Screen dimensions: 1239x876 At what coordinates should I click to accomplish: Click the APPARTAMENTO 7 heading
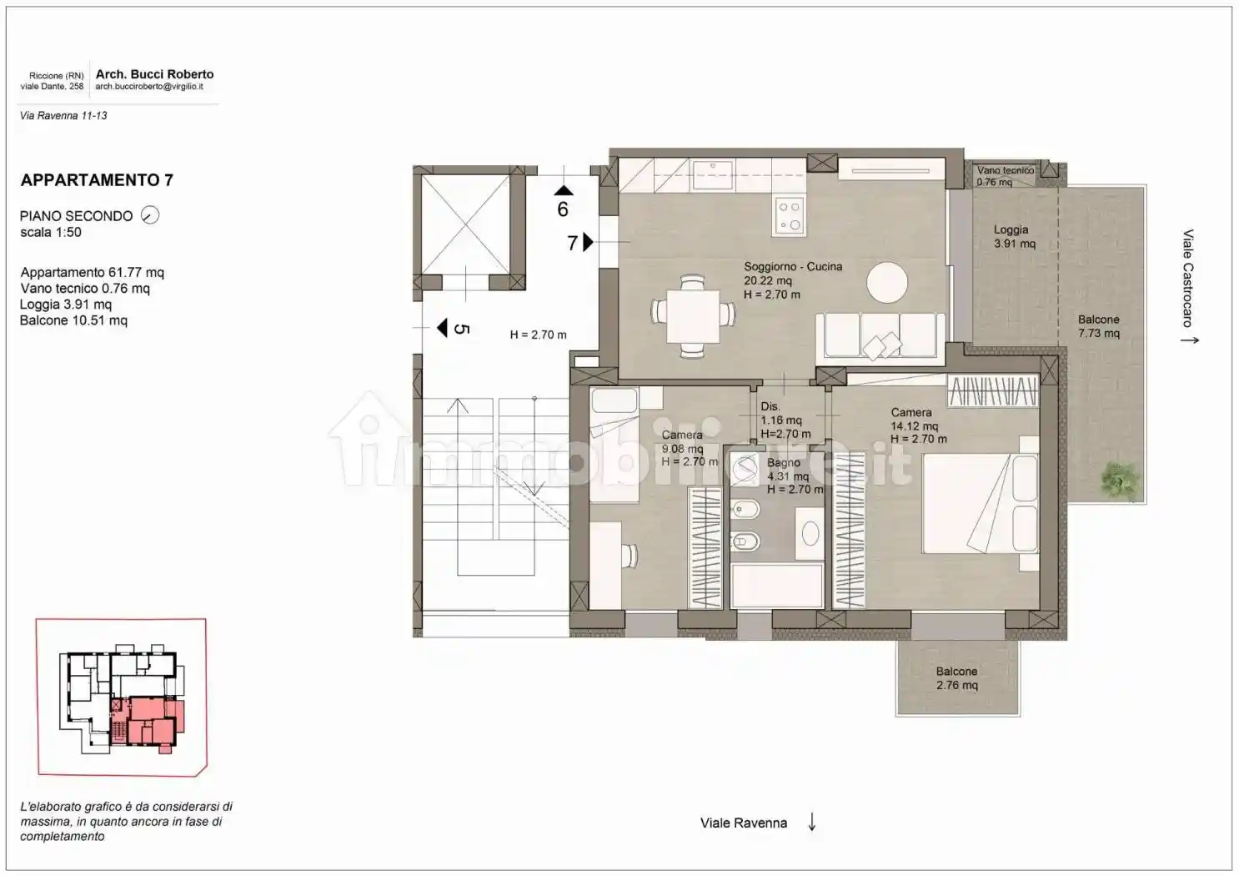97,180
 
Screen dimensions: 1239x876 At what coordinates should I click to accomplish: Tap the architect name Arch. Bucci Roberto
155,74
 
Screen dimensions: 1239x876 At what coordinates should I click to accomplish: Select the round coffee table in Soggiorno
886,282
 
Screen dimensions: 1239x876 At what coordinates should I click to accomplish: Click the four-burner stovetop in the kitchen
790,216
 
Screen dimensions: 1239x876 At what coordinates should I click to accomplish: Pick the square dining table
693,317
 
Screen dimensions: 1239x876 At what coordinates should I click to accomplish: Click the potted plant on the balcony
1120,479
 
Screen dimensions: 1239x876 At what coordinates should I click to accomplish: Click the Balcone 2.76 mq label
957,678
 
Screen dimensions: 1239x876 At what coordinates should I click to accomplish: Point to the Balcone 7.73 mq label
1098,326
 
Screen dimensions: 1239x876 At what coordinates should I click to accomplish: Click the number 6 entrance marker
563,209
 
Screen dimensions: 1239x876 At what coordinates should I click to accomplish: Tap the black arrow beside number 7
588,242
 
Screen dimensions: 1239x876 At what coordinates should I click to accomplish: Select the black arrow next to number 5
442,328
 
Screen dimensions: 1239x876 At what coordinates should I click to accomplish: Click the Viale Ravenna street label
744,823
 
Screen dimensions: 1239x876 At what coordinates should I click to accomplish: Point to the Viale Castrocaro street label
1187,278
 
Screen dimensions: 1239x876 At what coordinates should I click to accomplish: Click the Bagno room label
783,462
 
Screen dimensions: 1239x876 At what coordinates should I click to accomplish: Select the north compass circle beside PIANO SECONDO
150,214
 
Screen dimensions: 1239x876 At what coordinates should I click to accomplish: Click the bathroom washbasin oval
810,535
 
